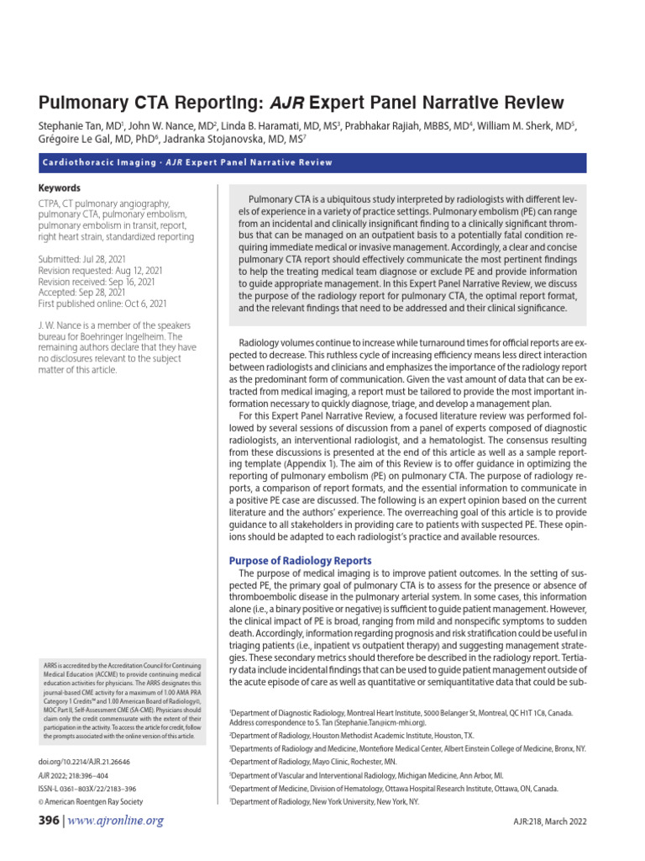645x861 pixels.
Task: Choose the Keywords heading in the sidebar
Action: pos(60,188)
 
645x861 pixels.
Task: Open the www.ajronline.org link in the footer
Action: pos(116,821)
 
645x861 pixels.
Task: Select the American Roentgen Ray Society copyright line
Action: pos(91,802)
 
